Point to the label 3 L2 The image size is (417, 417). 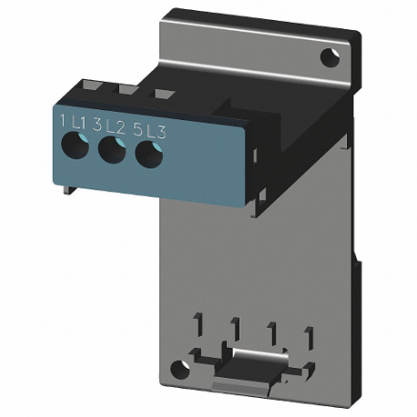(110, 126)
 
